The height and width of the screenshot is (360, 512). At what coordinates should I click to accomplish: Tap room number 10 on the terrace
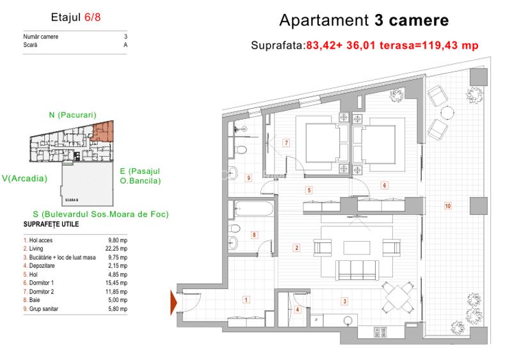click(x=448, y=206)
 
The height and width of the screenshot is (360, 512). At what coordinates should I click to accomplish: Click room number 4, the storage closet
click(x=297, y=310)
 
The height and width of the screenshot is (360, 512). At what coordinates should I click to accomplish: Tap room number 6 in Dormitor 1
click(x=385, y=185)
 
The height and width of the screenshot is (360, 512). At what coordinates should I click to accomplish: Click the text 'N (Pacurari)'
click(x=72, y=115)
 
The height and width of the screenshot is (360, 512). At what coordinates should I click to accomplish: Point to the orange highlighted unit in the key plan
click(x=102, y=132)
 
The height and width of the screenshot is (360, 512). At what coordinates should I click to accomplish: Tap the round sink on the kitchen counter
click(x=348, y=320)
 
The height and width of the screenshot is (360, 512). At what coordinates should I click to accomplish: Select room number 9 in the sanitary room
click(x=248, y=178)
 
